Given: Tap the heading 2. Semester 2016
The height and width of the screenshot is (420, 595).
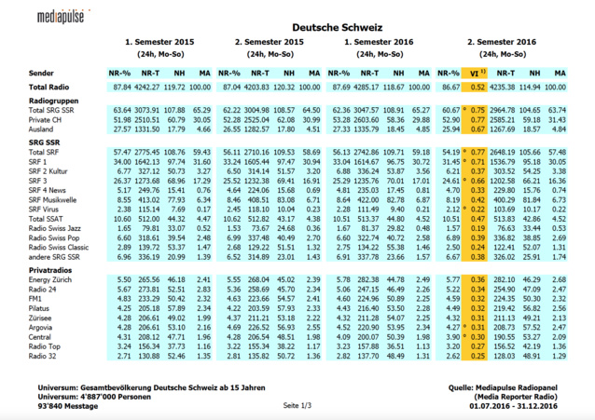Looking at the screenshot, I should coord(502,43).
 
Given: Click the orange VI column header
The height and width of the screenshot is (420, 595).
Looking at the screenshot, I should coord(477,72).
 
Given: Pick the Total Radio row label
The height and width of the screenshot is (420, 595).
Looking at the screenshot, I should coord(51,86).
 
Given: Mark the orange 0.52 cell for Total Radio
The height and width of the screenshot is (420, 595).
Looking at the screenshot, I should coord(477,86).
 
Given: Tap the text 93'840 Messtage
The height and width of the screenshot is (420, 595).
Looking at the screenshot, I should coord(67,405).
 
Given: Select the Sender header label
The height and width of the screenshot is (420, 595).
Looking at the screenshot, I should coord(41,72).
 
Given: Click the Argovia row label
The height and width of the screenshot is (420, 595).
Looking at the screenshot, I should coord(43,327).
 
